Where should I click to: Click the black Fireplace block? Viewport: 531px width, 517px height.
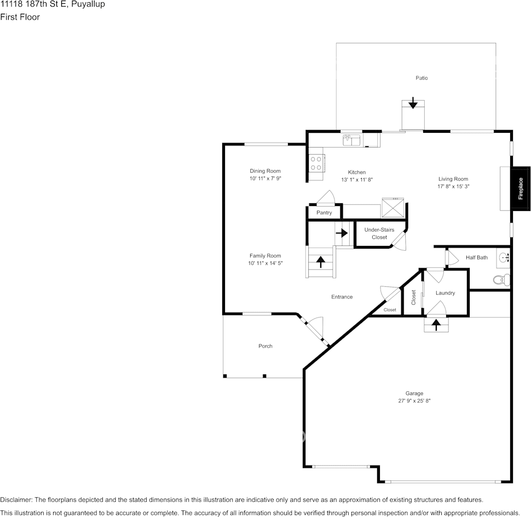[x=521, y=189]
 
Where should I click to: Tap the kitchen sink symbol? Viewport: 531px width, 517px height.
[x=351, y=140]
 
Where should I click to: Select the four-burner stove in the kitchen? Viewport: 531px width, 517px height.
[x=316, y=163]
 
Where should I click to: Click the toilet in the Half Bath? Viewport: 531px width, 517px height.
[x=501, y=280]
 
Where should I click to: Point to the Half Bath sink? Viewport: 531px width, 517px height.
[x=504, y=257]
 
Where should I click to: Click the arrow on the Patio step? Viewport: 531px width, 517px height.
[x=413, y=103]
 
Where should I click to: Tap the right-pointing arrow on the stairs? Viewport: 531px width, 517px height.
[x=342, y=233]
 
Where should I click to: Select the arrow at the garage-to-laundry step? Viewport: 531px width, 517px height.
[x=436, y=325]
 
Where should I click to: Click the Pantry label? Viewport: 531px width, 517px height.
[x=324, y=213]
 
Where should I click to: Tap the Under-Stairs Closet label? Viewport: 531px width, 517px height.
[x=379, y=233]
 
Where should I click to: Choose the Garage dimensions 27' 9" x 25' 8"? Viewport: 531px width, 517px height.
[x=414, y=401]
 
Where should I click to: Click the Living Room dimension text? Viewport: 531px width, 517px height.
[x=453, y=186]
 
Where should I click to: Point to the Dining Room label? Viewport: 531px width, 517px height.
[x=265, y=171]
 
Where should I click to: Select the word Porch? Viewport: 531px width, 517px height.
[x=265, y=346]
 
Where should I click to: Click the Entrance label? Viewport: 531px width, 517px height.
[x=342, y=297]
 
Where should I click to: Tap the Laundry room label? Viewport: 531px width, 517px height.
[x=445, y=293]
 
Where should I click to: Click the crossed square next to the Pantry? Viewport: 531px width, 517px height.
[x=393, y=208]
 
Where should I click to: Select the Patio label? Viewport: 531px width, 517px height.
[x=422, y=78]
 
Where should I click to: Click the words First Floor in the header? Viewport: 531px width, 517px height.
[x=20, y=17]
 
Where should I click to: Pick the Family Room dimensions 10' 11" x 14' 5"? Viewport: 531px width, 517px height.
[x=265, y=263]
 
